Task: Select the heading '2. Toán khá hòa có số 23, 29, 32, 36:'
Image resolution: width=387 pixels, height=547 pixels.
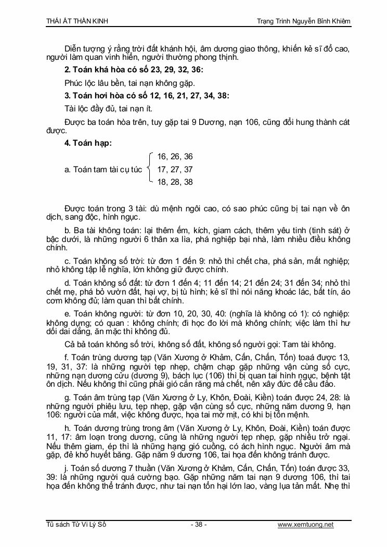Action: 134,70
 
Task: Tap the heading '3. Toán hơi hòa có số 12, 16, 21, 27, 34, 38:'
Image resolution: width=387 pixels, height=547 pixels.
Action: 146,95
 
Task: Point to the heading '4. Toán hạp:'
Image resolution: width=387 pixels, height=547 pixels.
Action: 88,143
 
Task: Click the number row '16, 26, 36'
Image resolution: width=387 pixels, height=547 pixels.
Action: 175,157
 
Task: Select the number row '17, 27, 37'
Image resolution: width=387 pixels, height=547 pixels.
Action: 175,169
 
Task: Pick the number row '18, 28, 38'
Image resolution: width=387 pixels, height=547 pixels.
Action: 175,182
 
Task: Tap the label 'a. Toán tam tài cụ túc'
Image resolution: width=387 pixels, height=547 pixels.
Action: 103,169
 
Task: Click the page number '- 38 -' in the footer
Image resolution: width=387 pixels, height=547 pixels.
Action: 199,525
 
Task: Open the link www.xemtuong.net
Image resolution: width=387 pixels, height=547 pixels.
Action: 305,525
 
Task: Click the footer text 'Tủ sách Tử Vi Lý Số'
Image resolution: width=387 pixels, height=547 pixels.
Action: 76,525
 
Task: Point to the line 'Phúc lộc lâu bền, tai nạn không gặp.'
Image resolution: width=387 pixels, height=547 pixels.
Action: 123,83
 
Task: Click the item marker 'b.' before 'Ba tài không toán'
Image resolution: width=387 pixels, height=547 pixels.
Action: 68,230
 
